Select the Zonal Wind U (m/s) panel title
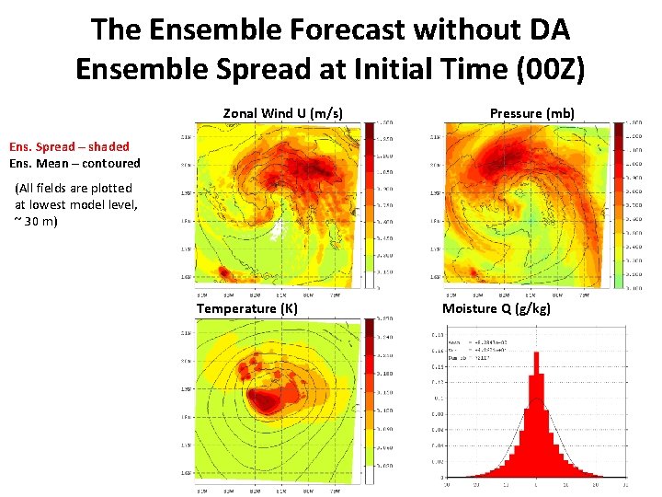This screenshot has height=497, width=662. coord(283,113)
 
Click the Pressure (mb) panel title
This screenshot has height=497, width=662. coord(531,113)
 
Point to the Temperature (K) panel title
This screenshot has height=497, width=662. coord(246,308)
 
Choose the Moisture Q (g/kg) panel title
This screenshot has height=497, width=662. coord(496,308)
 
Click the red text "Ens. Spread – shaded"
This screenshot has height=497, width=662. coord(69,146)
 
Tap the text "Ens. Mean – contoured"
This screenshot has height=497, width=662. coord(74,163)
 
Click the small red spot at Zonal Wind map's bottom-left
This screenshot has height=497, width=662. coord(223,273)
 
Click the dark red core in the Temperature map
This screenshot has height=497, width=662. coord(268,401)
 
